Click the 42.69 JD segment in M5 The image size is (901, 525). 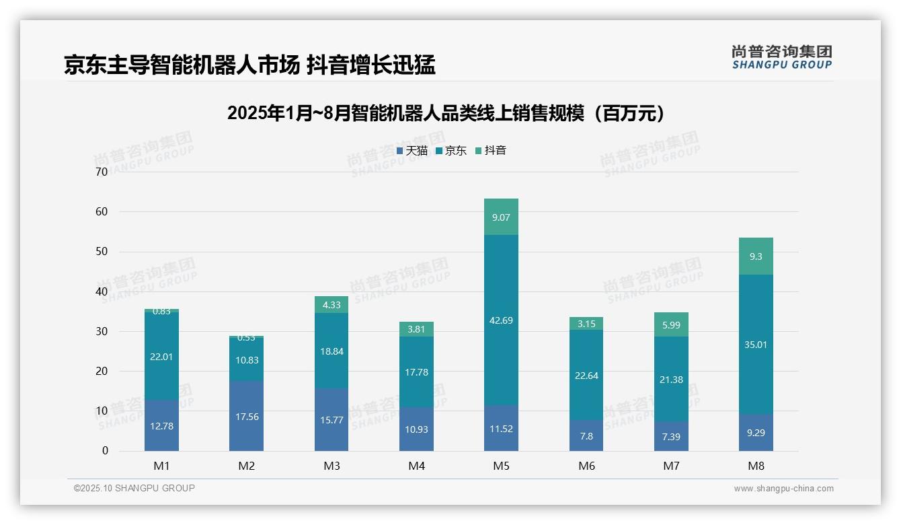pyautogui.click(x=501, y=320)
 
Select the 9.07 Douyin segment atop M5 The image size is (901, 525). pyautogui.click(x=501, y=217)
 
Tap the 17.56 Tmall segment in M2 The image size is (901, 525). pyautogui.click(x=246, y=416)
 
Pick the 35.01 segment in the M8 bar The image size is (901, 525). pyautogui.click(x=756, y=344)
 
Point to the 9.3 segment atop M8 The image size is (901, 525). pyautogui.click(x=756, y=256)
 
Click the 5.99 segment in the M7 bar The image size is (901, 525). pyautogui.click(x=671, y=324)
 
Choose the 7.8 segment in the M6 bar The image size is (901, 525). pyautogui.click(x=586, y=436)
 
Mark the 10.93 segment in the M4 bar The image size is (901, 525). pyautogui.click(x=416, y=429)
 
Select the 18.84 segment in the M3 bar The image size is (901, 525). pyautogui.click(x=331, y=350)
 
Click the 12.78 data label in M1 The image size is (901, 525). pyautogui.click(x=161, y=426)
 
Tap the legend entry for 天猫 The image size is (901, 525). pyautogui.click(x=412, y=151)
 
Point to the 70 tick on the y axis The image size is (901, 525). pyautogui.click(x=102, y=172)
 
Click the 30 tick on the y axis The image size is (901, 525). pyautogui.click(x=102, y=331)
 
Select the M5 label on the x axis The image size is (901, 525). pyautogui.click(x=501, y=466)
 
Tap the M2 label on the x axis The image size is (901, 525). pyautogui.click(x=246, y=466)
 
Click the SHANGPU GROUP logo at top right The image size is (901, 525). pyautogui.click(x=781, y=57)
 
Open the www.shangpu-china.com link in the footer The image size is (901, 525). pyautogui.click(x=783, y=489)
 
